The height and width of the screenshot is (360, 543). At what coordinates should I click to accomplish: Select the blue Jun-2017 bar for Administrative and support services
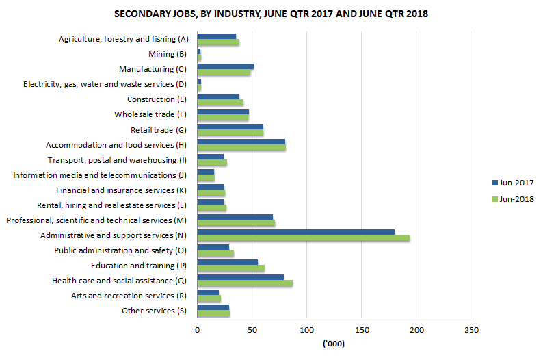click(x=295, y=232)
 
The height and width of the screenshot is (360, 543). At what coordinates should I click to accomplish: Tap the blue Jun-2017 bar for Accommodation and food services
click(x=241, y=142)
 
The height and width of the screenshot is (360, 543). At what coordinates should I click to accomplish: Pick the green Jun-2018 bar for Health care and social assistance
click(x=244, y=283)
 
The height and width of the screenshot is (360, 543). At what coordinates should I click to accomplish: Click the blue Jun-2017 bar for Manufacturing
click(x=225, y=66)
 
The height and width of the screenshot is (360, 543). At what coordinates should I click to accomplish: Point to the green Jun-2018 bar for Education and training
click(x=230, y=268)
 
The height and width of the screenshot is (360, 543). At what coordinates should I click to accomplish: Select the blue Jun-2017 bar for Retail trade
click(x=230, y=127)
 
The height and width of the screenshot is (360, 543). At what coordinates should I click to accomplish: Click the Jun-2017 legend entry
click(x=512, y=183)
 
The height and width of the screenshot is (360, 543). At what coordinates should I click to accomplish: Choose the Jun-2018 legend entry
click(x=512, y=199)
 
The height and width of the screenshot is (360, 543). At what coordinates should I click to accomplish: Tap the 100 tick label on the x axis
click(x=306, y=330)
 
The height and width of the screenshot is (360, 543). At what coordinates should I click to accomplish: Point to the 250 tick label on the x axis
click(x=471, y=330)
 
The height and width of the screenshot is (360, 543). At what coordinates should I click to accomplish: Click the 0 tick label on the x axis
click(x=197, y=330)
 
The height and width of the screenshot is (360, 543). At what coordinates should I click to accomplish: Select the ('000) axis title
click(x=333, y=345)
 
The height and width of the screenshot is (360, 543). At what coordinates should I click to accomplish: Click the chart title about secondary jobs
click(x=271, y=14)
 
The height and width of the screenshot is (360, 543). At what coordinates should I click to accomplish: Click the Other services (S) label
click(x=154, y=311)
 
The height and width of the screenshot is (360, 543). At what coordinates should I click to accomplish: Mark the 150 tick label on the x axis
click(x=361, y=330)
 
